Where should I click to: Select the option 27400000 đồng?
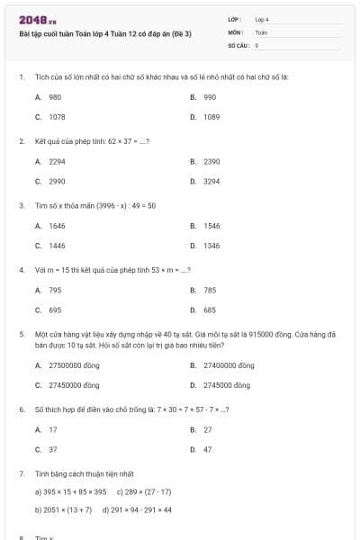point(229,365)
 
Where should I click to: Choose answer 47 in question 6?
point(208,449)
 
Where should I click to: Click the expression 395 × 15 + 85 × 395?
point(71,492)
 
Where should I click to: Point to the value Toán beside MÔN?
point(261,31)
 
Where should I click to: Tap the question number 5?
point(21,333)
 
